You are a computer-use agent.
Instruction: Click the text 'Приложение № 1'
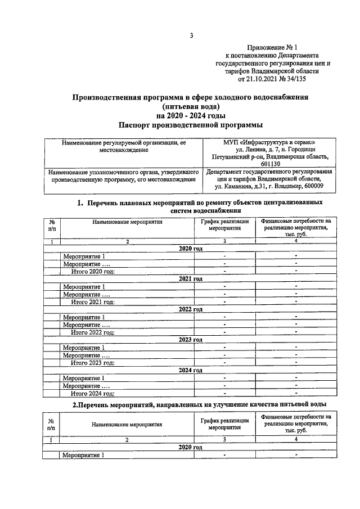272,48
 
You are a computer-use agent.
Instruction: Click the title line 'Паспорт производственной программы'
191,124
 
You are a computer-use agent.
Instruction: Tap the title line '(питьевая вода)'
191,106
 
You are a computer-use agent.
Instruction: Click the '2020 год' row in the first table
190,248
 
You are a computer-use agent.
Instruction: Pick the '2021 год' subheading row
190,279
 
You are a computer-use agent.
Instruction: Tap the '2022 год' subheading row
190,309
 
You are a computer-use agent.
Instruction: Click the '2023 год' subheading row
190,340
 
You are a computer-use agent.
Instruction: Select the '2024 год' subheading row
190,370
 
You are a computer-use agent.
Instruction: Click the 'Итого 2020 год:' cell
93,271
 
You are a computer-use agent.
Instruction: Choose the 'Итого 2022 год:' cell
93,332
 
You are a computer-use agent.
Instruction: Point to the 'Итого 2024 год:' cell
93,393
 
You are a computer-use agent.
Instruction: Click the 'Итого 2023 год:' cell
93,363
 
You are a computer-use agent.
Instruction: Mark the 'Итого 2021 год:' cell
93,301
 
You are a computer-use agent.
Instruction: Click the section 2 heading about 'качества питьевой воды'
191,405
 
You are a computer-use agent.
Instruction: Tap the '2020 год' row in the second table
190,447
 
